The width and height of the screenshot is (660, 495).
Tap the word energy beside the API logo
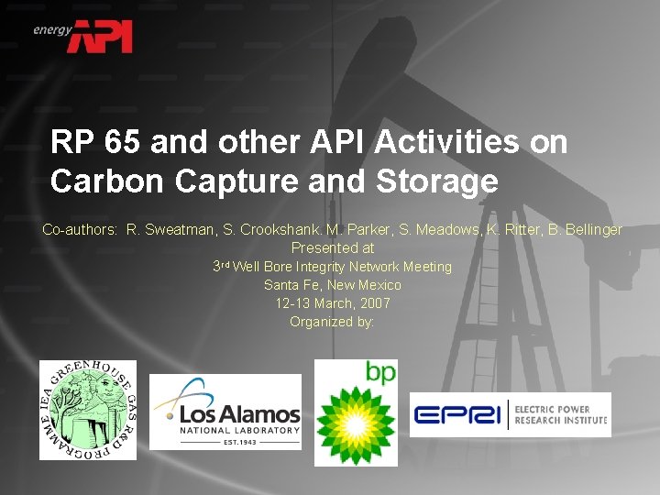pyautogui.click(x=51, y=29)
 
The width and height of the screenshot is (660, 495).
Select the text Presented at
pyautogui.click(x=333, y=247)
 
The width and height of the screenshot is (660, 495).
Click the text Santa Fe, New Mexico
pyautogui.click(x=333, y=284)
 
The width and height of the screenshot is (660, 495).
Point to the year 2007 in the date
pyautogui.click(x=374, y=302)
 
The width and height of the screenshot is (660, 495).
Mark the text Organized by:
pyautogui.click(x=333, y=321)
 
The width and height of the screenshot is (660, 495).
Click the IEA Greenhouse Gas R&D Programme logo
pyautogui.click(x=87, y=410)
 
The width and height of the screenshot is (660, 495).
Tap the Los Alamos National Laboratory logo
pyautogui.click(x=225, y=412)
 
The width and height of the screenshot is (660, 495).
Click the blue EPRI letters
pyautogui.click(x=456, y=415)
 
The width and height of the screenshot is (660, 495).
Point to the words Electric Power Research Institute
pyautogui.click(x=560, y=414)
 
